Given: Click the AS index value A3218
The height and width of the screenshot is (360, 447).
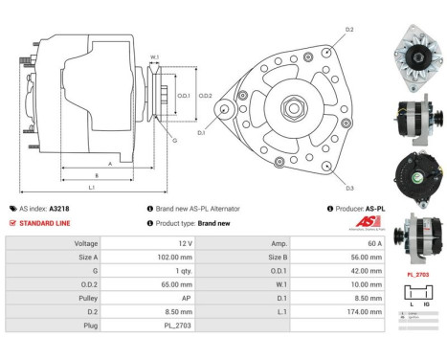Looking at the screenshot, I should tap(60, 208).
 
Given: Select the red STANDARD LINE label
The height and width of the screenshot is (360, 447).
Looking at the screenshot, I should tap(46, 223).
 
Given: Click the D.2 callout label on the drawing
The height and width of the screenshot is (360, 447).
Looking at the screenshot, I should tap(349, 30).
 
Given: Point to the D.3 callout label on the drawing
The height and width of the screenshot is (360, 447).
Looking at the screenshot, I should tap(349, 187).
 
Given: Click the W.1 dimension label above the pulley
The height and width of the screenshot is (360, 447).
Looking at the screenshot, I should tap(154, 57).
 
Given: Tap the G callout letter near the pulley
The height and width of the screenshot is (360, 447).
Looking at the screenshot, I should tap(175, 140).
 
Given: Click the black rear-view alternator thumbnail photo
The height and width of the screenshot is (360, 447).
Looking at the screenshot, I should tap(416, 170).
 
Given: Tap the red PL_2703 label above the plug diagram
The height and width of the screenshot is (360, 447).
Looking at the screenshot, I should tap(416, 275).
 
